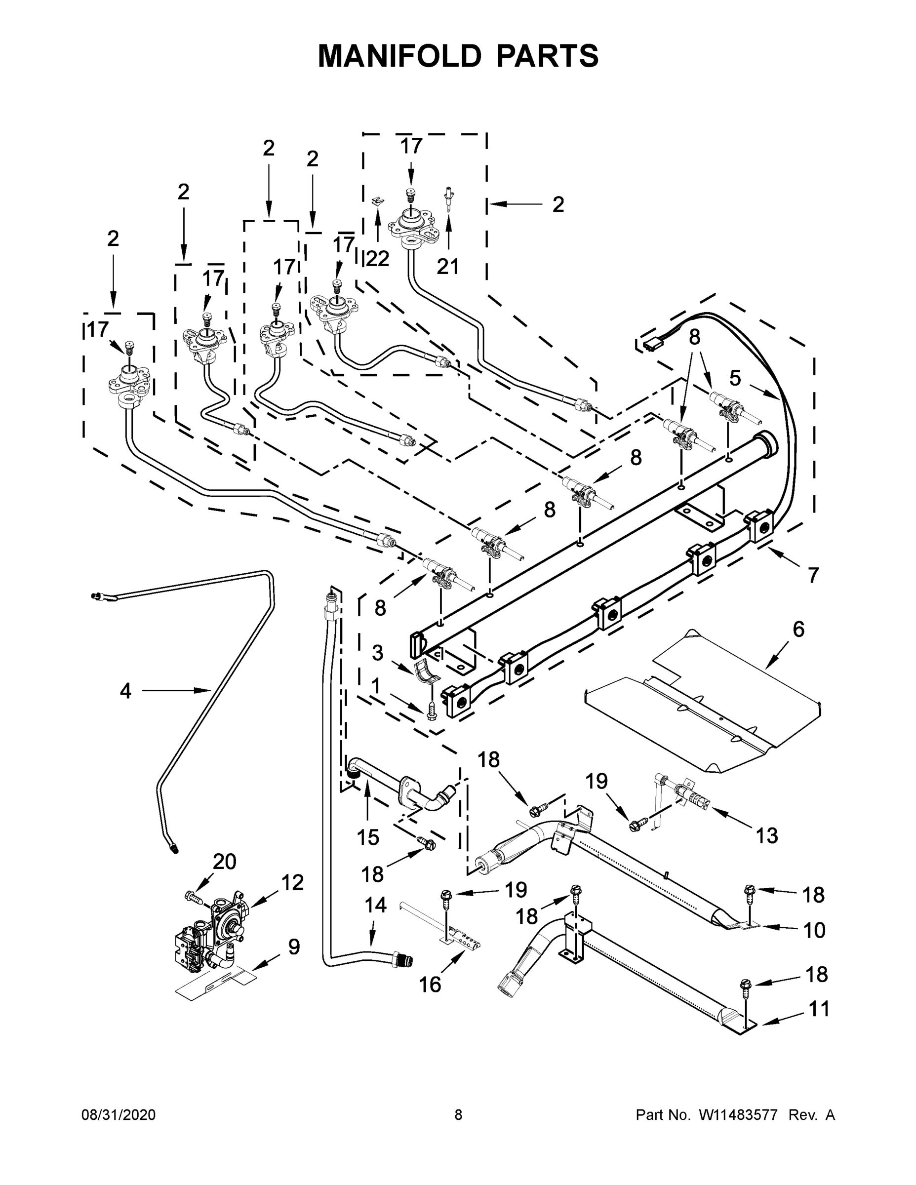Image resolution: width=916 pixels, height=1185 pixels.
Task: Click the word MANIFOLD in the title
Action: coord(399,56)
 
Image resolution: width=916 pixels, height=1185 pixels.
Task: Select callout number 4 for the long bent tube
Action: coord(125,691)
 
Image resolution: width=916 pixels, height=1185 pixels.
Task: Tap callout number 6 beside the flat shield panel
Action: coord(798,630)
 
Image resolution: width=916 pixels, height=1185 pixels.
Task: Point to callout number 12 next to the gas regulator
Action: coord(292,883)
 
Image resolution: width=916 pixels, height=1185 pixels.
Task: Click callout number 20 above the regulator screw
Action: coord(224,861)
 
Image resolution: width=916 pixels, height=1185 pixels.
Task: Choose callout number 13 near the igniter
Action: coord(767,835)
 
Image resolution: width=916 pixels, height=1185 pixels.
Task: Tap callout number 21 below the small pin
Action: coord(448,267)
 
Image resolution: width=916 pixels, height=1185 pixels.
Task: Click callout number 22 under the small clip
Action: coord(378,259)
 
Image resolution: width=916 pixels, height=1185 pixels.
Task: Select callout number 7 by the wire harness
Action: coord(813,575)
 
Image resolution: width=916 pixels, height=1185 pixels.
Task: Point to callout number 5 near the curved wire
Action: coord(735,378)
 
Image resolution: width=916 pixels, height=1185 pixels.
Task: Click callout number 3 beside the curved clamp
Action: coord(378,653)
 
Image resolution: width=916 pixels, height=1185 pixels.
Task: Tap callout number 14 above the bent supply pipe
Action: coord(375,905)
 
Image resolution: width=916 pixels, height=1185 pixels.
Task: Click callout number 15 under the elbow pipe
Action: coord(368,837)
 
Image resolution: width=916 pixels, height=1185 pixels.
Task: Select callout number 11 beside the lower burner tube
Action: coord(819,1009)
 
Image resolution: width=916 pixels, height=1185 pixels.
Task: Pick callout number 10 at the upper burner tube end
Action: coord(814,930)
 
